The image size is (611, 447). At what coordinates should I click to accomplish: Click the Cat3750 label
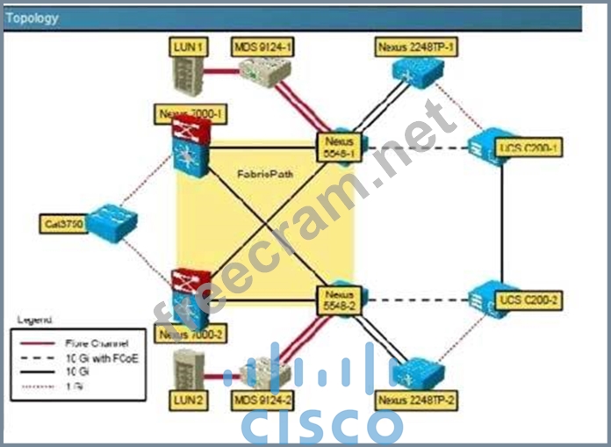coord(65,225)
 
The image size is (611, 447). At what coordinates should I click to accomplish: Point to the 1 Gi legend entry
coord(74,385)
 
